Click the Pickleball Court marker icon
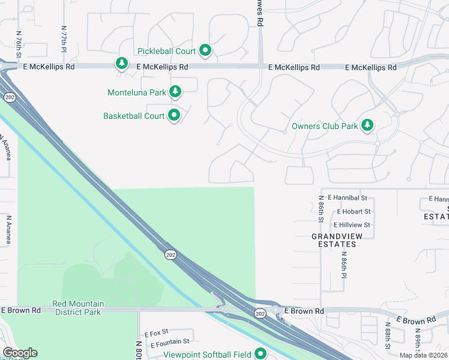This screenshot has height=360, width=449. point(205,51)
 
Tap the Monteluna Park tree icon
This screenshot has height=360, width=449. point(175,92)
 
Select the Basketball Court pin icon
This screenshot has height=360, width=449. point(175,115)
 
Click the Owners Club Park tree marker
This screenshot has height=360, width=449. point(367,125)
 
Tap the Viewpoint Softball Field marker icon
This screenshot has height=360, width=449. point(261,354)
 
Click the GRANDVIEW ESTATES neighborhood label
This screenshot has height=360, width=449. point(337,240)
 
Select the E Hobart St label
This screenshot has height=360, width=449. point(354,211)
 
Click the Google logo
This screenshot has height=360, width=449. point(20,353)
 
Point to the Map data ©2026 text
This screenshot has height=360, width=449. point(423,355)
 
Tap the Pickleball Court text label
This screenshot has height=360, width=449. point(166,51)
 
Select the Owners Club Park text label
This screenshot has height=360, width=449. point(324,126)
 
